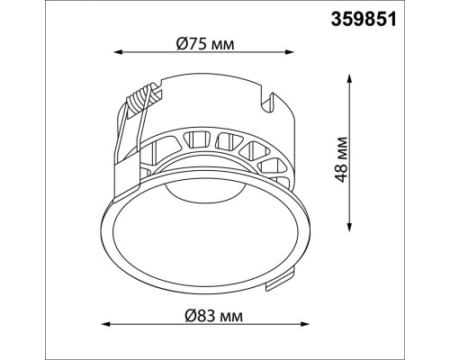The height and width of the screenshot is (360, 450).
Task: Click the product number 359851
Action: (364, 20)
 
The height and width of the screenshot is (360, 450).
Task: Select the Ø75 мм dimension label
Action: (205, 44)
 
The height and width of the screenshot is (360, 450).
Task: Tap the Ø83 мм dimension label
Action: (213, 316)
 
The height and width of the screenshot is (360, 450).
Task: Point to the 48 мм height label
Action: (342, 159)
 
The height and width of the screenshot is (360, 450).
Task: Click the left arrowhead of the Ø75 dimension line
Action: (118, 52)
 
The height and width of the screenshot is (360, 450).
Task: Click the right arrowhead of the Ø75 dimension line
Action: (289, 52)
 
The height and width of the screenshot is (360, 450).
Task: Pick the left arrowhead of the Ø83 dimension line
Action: (106, 324)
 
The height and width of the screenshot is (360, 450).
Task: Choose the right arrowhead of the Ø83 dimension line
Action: (305, 324)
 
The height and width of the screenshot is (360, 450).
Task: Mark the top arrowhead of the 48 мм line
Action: (349, 78)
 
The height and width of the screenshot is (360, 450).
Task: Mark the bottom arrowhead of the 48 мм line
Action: (349, 227)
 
